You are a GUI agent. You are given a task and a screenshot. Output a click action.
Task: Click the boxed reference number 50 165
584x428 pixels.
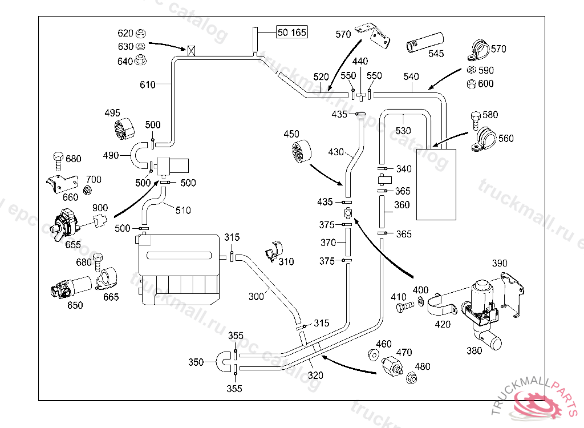click(x=291, y=33)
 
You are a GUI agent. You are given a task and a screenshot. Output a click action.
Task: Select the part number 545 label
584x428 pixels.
click(x=436, y=54)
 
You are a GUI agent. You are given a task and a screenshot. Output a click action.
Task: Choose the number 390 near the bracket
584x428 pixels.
click(x=500, y=263)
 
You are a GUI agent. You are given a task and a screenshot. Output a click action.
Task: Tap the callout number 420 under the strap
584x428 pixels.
click(x=443, y=324)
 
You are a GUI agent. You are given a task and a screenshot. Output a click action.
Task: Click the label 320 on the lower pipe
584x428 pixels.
click(x=315, y=375)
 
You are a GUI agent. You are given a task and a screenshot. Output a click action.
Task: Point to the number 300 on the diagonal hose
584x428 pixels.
click(x=256, y=296)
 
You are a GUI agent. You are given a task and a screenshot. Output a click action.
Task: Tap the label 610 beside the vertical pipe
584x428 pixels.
click(x=147, y=85)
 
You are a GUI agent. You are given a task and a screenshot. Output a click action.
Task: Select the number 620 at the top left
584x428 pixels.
click(x=125, y=33)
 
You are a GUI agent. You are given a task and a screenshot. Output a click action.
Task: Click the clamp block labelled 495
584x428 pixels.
click(x=122, y=128)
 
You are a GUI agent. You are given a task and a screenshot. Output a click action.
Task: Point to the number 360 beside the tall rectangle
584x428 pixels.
click(x=402, y=205)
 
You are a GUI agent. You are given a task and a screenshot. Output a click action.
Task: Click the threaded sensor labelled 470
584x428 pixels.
click(x=393, y=364)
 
